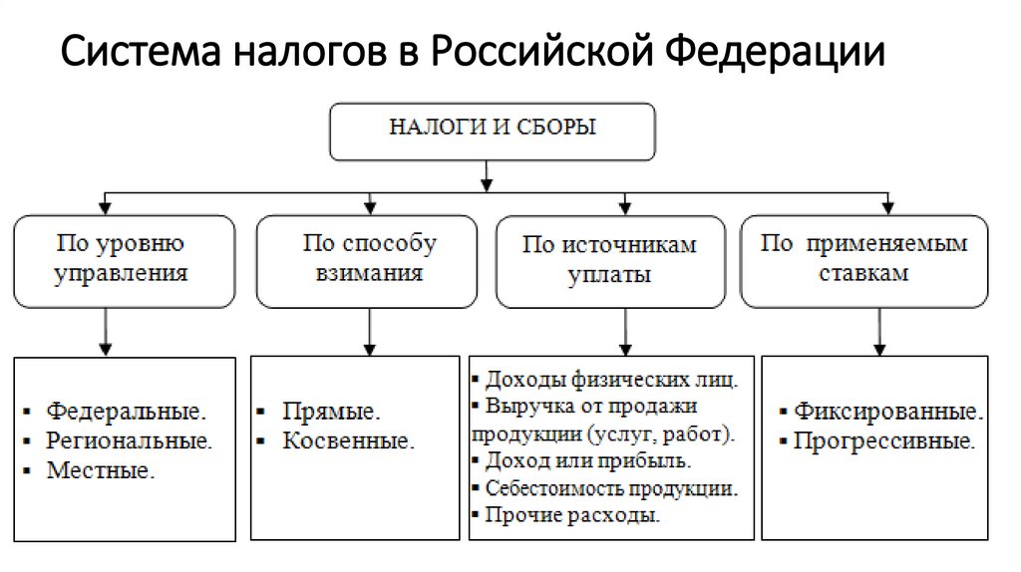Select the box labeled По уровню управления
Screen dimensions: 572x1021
pyautogui.click(x=124, y=260)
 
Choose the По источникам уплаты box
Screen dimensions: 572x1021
pyautogui.click(x=610, y=261)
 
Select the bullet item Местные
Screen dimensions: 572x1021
pyautogui.click(x=101, y=470)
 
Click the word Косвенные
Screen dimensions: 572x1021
pyautogui.click(x=348, y=440)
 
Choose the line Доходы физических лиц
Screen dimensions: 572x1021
pyautogui.click(x=611, y=380)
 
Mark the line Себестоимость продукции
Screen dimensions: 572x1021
pyautogui.click(x=611, y=488)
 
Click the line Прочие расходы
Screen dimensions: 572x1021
pyautogui.click(x=572, y=516)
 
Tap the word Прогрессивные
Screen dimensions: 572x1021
pyautogui.click(x=883, y=440)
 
